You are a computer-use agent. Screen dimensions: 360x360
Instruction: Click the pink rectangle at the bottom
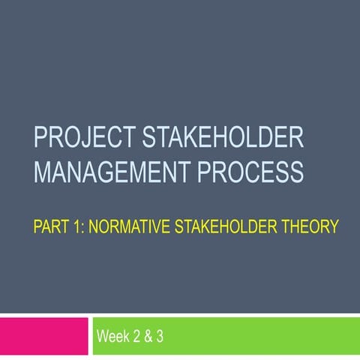coord(43,337)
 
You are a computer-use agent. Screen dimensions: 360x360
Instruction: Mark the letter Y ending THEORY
coord(334,224)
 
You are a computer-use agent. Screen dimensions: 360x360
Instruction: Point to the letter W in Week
coord(102,338)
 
